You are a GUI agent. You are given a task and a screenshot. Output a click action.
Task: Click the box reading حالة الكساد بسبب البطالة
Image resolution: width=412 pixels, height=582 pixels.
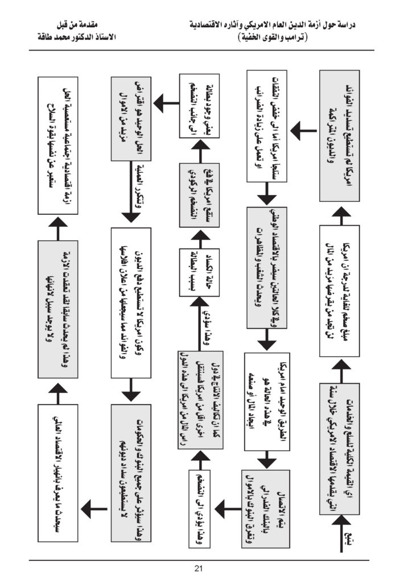point(195,272)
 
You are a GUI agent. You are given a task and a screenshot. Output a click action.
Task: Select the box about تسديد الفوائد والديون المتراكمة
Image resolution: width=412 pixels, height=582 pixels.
point(338,134)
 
